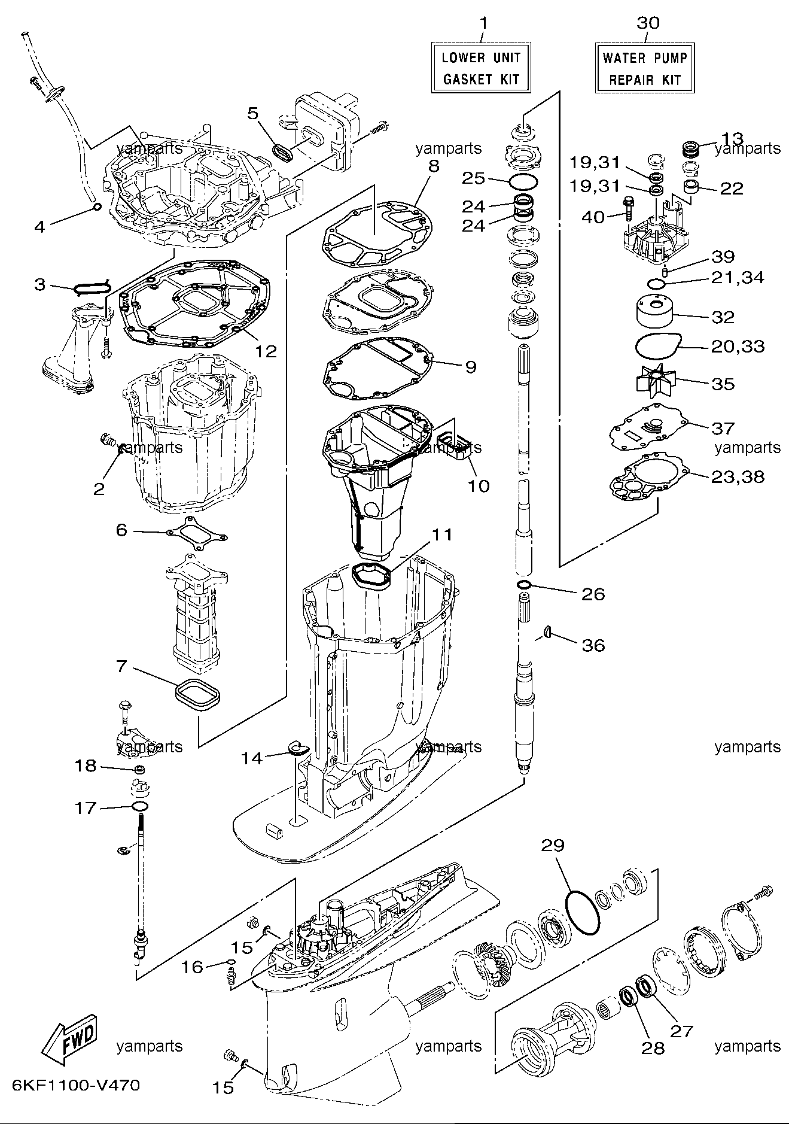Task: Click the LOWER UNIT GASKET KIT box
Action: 481,68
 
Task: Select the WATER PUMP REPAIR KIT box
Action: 645,68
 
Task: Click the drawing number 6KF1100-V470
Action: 75,1086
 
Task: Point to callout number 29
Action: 553,845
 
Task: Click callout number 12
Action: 266,351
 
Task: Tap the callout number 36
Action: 593,645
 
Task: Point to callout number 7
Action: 121,666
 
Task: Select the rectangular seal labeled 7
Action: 198,696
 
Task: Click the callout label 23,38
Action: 738,477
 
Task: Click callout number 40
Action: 593,217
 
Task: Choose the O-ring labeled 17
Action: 140,807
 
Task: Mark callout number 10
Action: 478,485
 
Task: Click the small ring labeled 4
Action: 96,208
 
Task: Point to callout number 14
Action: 252,758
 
